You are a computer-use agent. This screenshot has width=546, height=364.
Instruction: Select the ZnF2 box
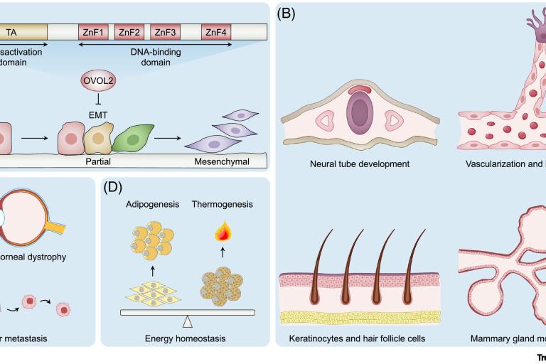pyautogui.click(x=129, y=32)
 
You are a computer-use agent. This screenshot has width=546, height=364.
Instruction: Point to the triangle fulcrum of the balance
pyautogui.click(x=188, y=319)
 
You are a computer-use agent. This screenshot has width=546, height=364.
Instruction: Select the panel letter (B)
pyautogui.click(x=287, y=14)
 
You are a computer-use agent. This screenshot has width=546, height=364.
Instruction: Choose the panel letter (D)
pyautogui.click(x=112, y=188)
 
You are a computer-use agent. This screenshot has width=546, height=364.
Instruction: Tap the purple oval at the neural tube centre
pyautogui.click(x=359, y=114)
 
